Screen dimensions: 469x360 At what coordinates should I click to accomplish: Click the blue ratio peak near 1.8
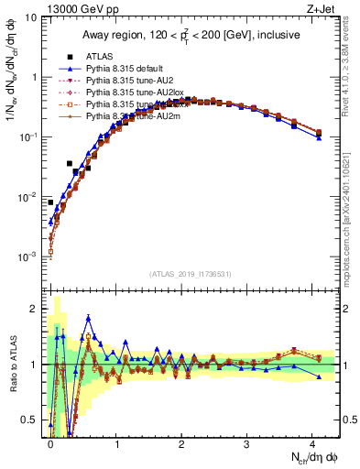click(x=88, y=318)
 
